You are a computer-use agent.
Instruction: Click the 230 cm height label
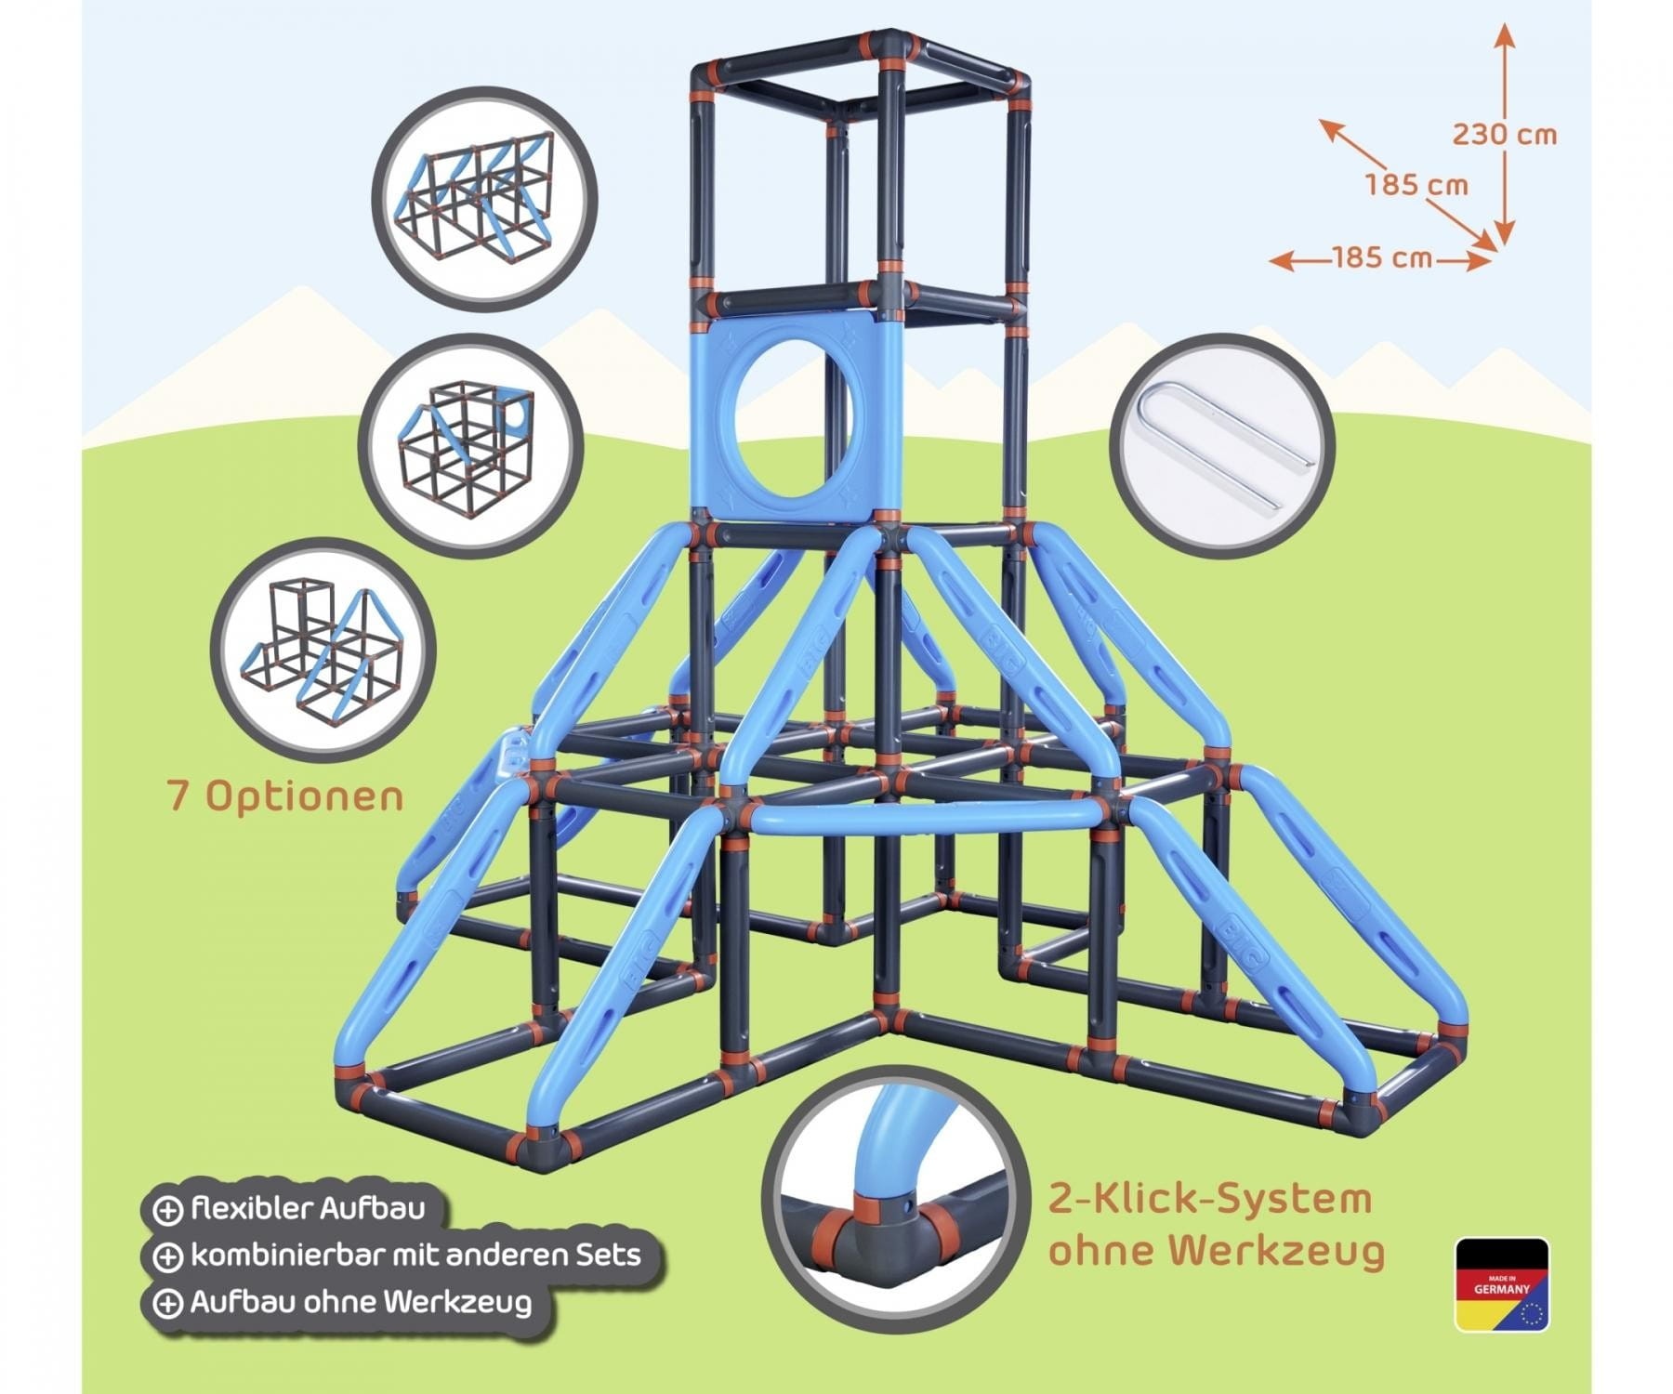pos(1504,135)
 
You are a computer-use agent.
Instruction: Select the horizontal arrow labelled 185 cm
pos(1381,258)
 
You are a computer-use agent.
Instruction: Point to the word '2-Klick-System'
pos(1210,1199)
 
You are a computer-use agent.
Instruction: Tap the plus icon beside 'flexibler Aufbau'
pos(167,1210)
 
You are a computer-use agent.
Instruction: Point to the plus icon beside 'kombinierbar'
pos(167,1256)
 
